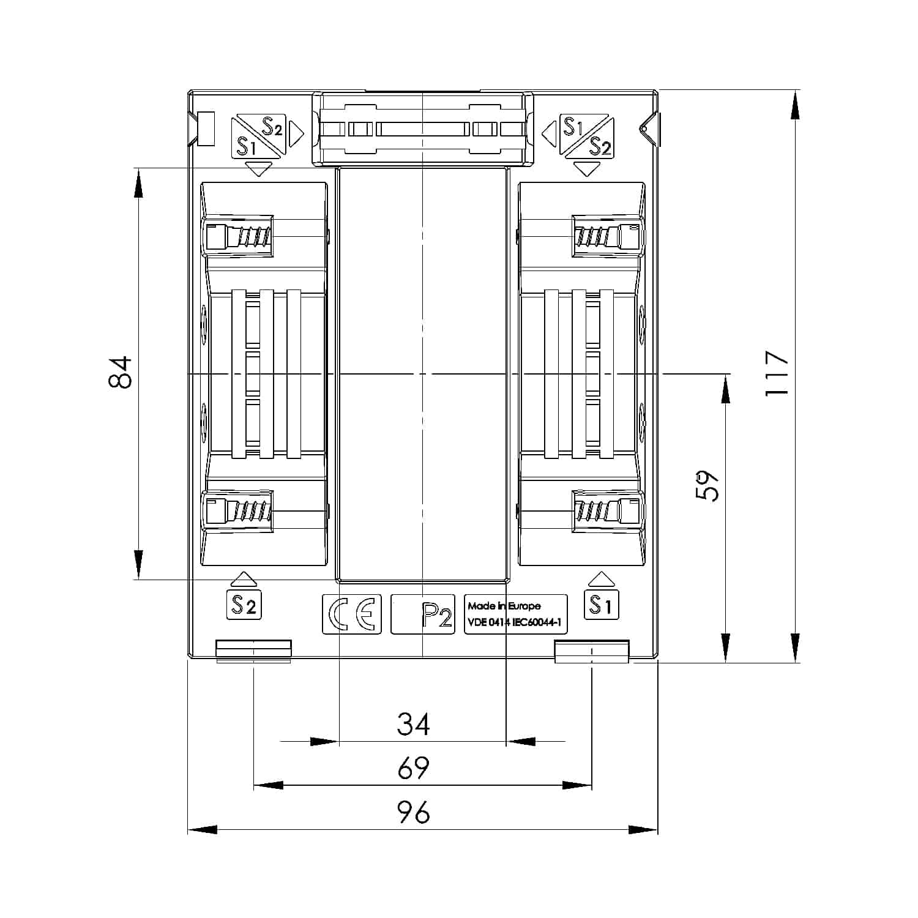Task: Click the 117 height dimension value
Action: tap(777, 373)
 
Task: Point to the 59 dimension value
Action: tap(707, 485)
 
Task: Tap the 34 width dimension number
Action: tap(414, 723)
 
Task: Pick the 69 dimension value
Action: tap(414, 768)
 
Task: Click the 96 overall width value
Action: tap(414, 813)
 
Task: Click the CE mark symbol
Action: tap(352, 614)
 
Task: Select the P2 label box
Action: tap(423, 614)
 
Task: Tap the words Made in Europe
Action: tap(504, 606)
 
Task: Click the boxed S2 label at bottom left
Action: tap(244, 605)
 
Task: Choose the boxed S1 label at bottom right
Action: tap(602, 605)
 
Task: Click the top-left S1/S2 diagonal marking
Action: tap(258, 136)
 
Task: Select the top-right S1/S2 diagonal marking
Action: tap(586, 136)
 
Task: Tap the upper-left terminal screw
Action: tap(237, 236)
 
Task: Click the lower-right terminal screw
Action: tap(608, 510)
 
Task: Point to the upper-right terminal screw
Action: tap(608, 236)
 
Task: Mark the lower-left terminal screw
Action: tap(237, 510)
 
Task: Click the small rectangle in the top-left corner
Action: tap(207, 129)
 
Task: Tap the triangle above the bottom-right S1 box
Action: tap(601, 579)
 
